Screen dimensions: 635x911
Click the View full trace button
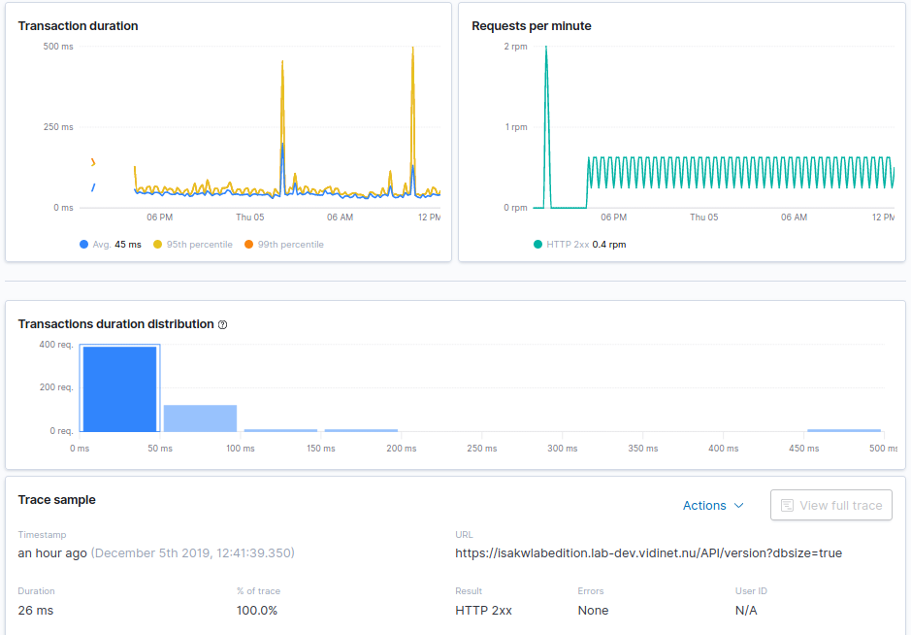click(x=831, y=505)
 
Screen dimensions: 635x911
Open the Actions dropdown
click(x=713, y=505)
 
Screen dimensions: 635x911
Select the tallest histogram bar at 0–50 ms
click(x=119, y=388)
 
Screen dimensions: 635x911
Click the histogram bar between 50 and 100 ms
click(x=200, y=418)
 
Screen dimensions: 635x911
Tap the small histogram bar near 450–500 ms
click(x=844, y=430)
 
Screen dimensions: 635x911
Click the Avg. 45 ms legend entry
click(x=110, y=245)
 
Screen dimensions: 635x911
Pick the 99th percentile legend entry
click(x=283, y=245)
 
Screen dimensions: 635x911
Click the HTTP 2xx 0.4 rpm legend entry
click(x=579, y=245)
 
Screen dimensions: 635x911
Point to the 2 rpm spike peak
click(x=546, y=48)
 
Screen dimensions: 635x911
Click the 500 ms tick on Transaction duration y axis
click(x=57, y=46)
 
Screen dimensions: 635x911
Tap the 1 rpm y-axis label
click(x=515, y=127)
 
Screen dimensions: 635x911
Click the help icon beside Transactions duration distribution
click(x=223, y=324)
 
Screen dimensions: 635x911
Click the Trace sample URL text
click(x=648, y=553)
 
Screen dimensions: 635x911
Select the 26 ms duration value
click(x=36, y=611)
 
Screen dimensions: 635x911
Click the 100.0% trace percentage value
click(x=257, y=611)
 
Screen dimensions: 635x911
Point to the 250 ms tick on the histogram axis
click(x=481, y=449)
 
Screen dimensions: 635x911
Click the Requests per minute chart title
click(x=531, y=26)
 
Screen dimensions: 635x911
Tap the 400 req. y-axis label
click(x=55, y=344)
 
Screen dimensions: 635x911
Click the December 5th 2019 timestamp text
click(x=192, y=553)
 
